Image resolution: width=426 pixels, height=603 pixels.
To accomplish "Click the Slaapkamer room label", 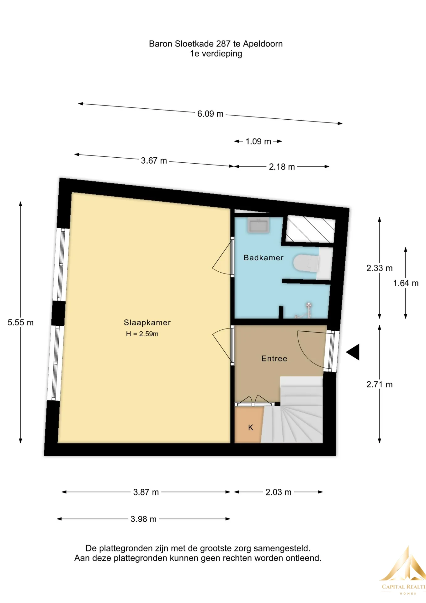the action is click(x=147, y=323).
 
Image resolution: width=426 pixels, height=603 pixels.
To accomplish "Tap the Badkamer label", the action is click(x=264, y=258).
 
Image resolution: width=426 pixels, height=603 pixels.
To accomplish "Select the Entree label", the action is click(x=274, y=358).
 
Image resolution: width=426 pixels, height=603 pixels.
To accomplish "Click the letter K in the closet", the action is click(x=251, y=427).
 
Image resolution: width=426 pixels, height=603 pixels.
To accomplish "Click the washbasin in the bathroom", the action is click(x=258, y=225).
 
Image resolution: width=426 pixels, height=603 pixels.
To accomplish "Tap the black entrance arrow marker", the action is click(x=353, y=352).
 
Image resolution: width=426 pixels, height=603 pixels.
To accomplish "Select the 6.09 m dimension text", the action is click(x=210, y=114).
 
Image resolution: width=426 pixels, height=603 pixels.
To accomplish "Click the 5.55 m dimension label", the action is click(x=21, y=323).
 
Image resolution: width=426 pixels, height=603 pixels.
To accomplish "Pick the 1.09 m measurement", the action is click(x=258, y=141).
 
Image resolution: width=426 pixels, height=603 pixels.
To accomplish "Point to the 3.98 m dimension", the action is click(x=143, y=519).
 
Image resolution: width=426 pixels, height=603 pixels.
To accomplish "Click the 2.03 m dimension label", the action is click(x=278, y=492).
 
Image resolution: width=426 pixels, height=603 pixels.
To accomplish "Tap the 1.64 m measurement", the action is click(x=406, y=283).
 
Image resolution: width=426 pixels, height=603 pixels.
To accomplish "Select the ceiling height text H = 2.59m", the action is click(x=142, y=334).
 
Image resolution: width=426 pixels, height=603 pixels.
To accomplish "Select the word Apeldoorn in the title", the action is click(x=263, y=44).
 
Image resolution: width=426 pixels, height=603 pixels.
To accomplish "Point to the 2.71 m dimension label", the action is click(x=379, y=384).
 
